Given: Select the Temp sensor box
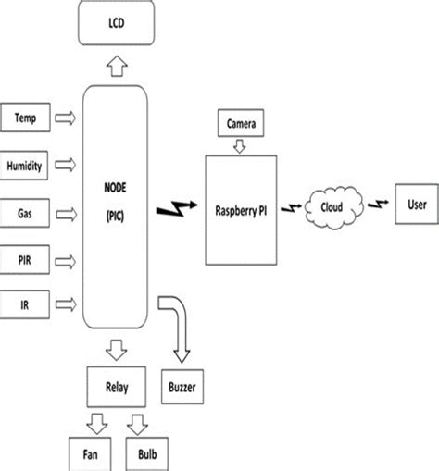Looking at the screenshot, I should point(26,118).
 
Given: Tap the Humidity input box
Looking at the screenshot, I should point(26,165).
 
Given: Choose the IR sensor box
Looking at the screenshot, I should point(26,303).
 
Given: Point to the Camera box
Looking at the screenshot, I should point(240,122).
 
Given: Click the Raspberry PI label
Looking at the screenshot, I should point(240,209).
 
